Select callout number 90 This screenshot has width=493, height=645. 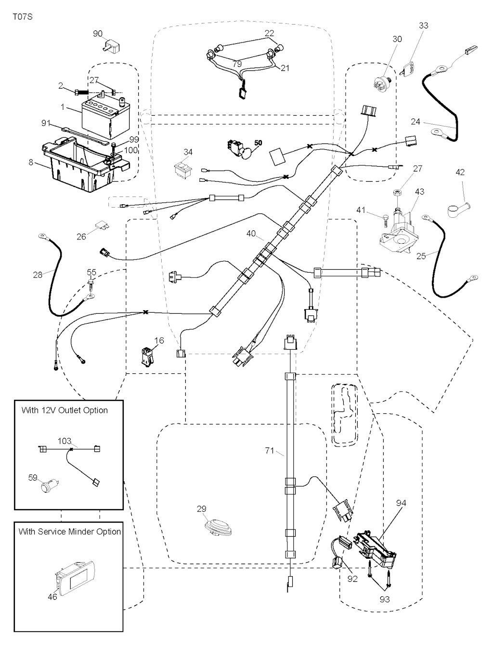click(x=98, y=34)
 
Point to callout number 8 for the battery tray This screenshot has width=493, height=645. click(x=31, y=163)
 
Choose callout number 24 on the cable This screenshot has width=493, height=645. click(x=415, y=122)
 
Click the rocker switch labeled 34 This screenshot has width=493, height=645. click(x=182, y=169)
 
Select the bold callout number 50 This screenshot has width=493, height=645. click(x=259, y=144)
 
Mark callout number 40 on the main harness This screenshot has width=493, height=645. click(x=251, y=234)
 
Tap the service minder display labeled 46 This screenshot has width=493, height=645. click(x=75, y=578)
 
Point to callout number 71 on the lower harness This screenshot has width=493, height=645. click(x=269, y=451)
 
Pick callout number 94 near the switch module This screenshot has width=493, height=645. click(x=401, y=503)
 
